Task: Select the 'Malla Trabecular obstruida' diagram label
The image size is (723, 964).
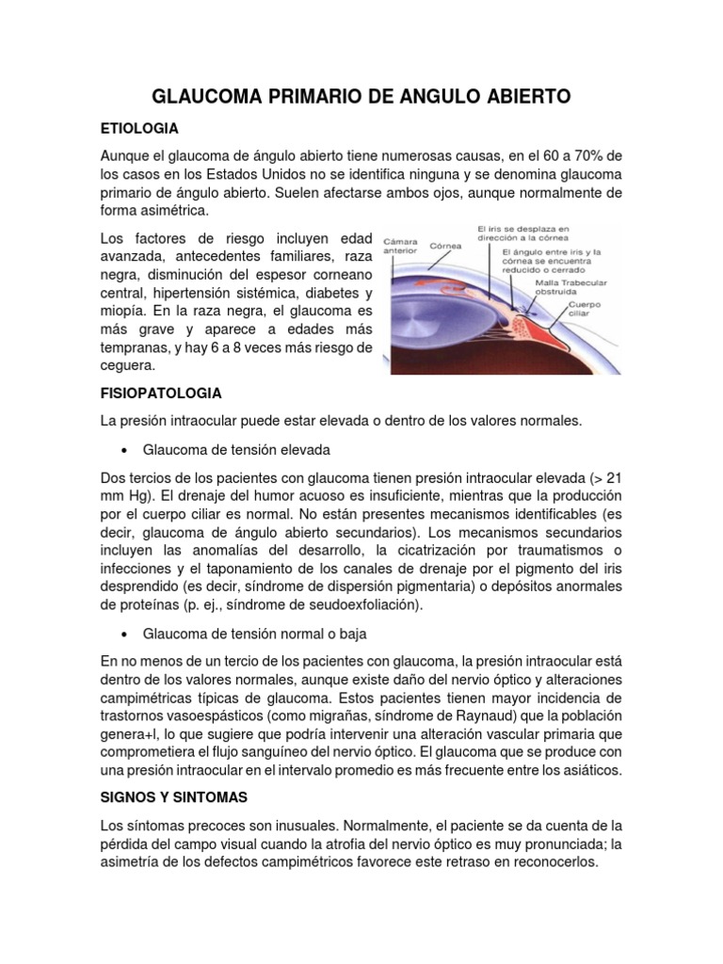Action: pyautogui.click(x=570, y=286)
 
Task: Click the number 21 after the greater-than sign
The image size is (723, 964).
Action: pyautogui.click(x=613, y=478)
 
